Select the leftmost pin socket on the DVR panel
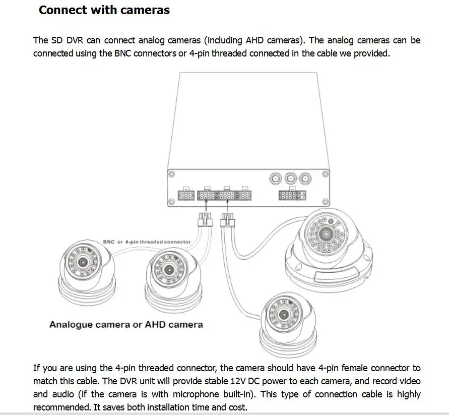point(185,195)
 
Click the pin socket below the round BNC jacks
point(292,195)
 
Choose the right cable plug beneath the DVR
point(227,220)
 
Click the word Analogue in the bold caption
point(70,324)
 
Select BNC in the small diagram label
point(109,242)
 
